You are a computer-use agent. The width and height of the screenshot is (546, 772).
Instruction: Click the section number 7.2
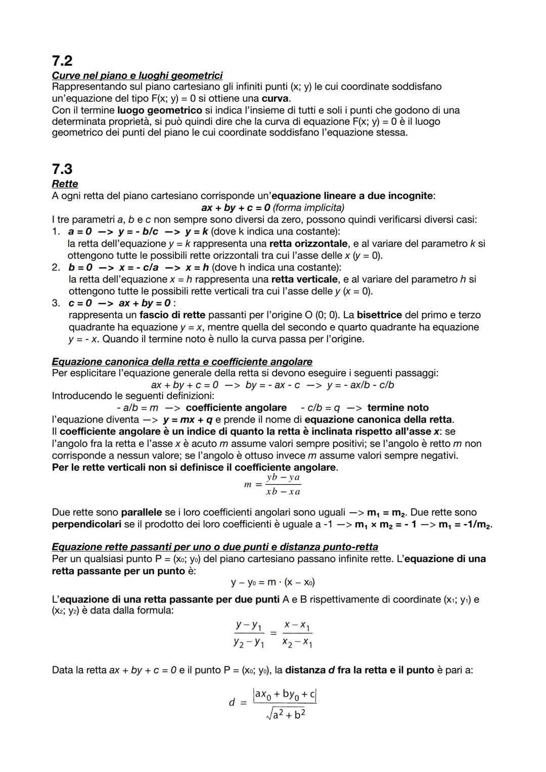tap(62, 61)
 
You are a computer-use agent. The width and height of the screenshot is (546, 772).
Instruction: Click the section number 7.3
tap(62, 168)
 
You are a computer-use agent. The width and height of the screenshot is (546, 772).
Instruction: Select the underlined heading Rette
tap(65, 184)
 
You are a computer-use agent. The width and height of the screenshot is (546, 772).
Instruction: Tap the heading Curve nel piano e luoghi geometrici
tap(137, 75)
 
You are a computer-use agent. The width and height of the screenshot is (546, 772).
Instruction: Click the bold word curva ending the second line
tap(276, 98)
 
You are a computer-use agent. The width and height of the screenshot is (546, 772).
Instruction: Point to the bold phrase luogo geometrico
tap(159, 110)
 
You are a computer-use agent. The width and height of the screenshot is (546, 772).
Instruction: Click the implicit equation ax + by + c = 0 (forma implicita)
tap(272, 208)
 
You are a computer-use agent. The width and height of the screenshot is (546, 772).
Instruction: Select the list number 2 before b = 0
tap(56, 267)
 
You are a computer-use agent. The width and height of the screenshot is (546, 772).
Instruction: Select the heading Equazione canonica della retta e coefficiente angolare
tap(182, 361)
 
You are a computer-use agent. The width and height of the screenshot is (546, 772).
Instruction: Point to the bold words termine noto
tap(398, 407)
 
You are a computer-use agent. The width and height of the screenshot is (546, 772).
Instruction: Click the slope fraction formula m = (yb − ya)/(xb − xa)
tap(273, 484)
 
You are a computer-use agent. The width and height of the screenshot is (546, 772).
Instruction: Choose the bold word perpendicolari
tap(86, 524)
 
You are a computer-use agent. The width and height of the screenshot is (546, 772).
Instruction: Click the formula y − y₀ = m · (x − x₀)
tap(273, 582)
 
